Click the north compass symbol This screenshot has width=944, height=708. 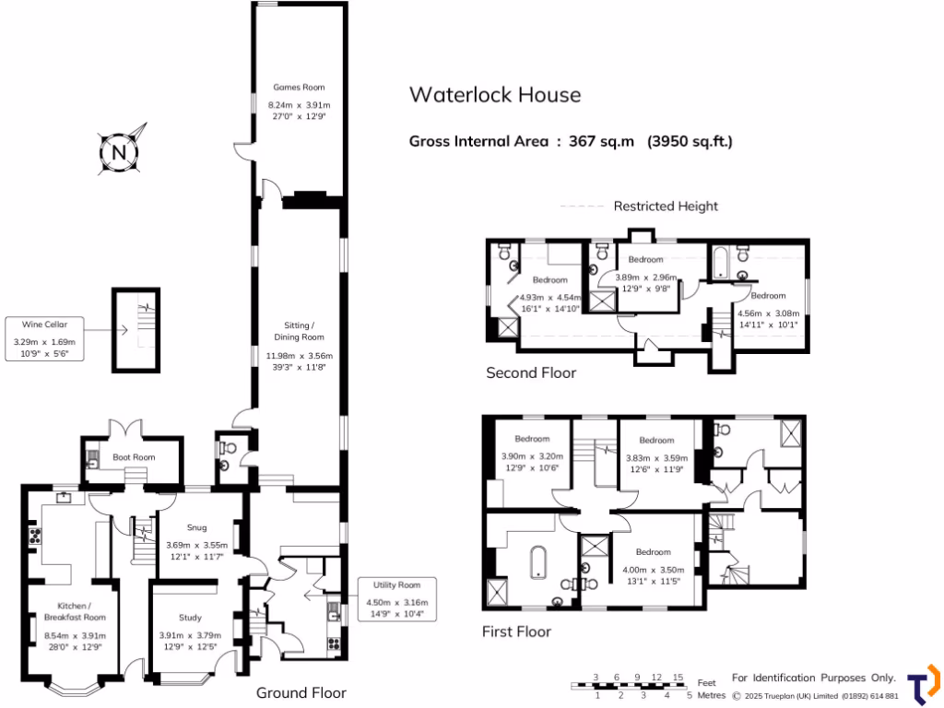(x=119, y=150)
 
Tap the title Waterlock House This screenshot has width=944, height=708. (x=495, y=95)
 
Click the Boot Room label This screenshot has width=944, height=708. (x=133, y=457)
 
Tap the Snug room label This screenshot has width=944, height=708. (x=196, y=528)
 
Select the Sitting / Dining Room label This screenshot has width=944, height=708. (x=299, y=331)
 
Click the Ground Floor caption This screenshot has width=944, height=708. (x=301, y=692)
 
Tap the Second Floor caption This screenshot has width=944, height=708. (x=531, y=373)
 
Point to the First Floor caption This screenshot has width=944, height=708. (x=516, y=631)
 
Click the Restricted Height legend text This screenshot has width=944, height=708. (x=666, y=206)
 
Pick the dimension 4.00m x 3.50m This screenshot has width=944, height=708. (x=654, y=571)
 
